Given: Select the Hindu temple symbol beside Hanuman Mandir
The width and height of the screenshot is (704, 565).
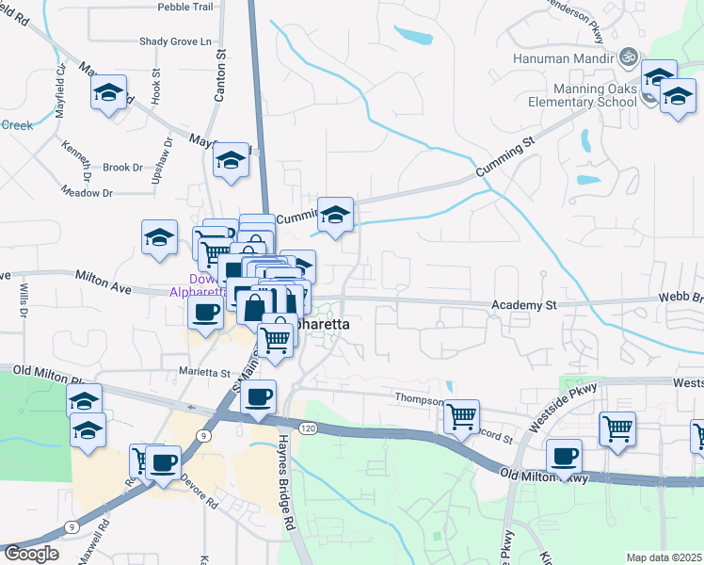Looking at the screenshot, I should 630,56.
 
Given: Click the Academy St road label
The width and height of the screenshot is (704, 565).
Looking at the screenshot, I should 525,305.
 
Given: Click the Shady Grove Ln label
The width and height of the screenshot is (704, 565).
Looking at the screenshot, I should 176,41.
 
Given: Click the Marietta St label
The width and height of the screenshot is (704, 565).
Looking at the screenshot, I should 205,371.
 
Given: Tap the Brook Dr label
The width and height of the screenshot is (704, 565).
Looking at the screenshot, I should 122,168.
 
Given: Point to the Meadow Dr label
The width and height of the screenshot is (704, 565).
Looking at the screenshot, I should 86,192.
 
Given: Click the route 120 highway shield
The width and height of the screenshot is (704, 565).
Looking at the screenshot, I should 307,428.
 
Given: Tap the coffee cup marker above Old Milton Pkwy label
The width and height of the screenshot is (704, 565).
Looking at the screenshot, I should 563,456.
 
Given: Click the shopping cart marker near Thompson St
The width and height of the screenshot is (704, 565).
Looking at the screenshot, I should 461,414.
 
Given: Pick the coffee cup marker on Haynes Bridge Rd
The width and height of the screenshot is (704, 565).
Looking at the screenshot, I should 259,395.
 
